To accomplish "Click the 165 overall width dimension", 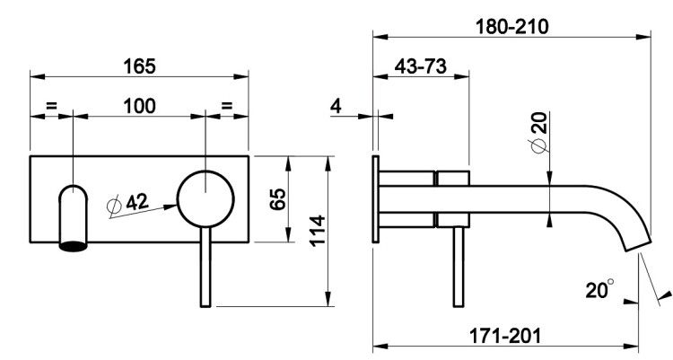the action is click(139, 66).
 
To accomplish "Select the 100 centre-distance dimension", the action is click(139, 106).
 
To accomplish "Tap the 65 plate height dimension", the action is click(277, 198).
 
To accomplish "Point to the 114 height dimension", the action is click(318, 230).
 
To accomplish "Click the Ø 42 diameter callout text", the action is click(127, 202).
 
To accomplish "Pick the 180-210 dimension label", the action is click(511, 27).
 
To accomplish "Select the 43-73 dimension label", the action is click(420, 66).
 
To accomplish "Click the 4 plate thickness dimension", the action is click(336, 106).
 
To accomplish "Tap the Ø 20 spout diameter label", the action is click(539, 132).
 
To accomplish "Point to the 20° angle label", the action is click(599, 289).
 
